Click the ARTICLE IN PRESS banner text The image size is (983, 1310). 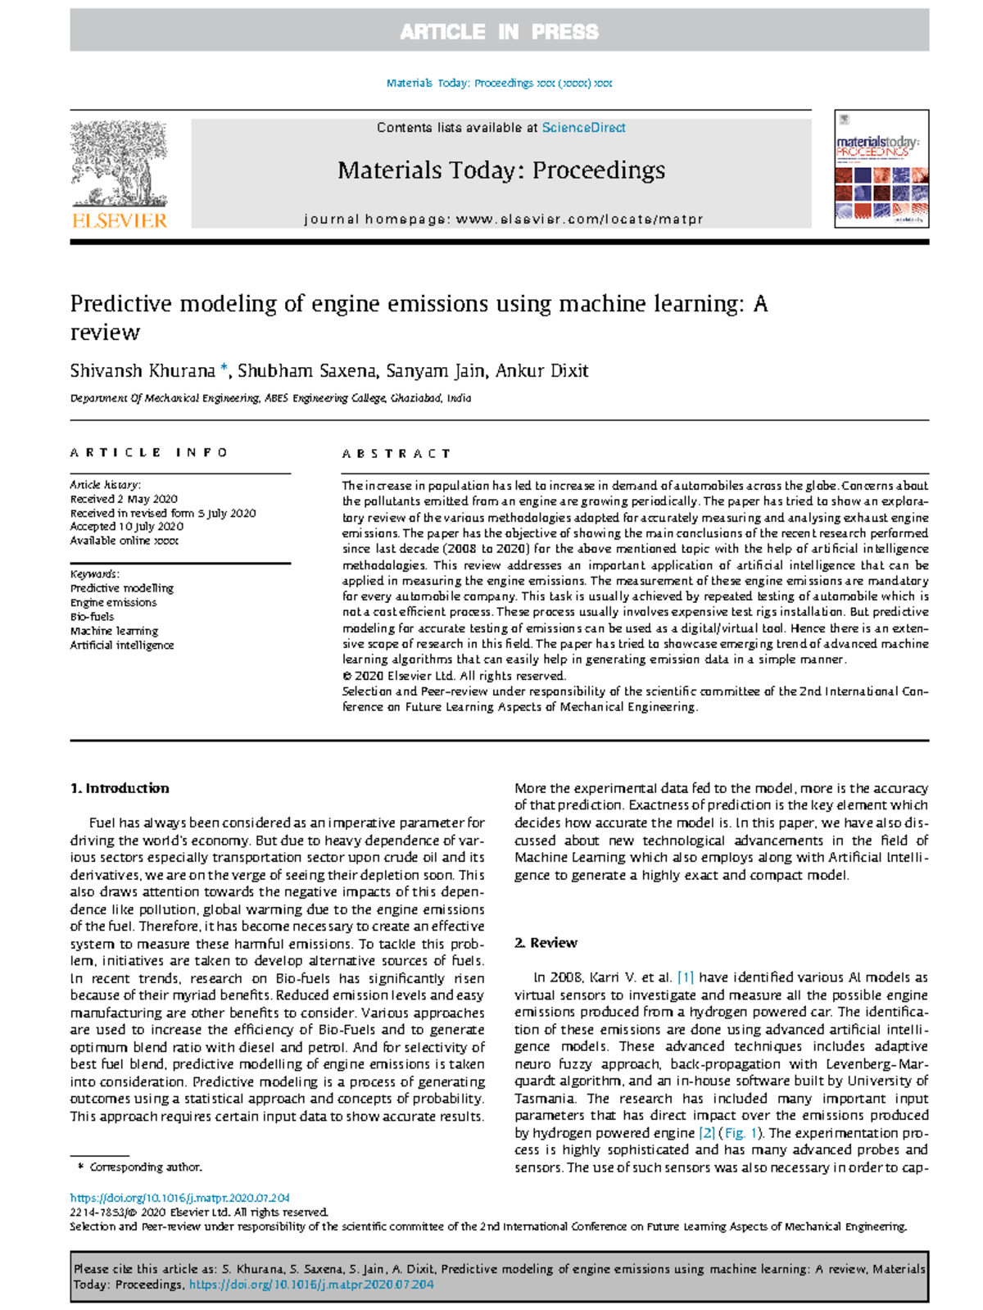click(499, 32)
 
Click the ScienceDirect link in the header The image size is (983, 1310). click(583, 128)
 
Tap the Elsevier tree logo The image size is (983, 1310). click(120, 164)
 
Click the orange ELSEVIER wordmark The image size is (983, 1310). click(120, 220)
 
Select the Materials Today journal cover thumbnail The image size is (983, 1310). click(881, 169)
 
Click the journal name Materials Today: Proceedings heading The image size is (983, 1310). click(501, 170)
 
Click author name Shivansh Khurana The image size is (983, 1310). click(143, 371)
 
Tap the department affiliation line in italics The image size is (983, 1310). click(270, 398)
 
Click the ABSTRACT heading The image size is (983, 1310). click(396, 453)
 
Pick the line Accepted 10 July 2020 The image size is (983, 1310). click(126, 527)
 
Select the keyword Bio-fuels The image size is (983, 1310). click(92, 617)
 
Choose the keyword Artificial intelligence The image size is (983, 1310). click(122, 646)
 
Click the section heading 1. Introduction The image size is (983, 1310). click(120, 788)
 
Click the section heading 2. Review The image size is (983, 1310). click(546, 943)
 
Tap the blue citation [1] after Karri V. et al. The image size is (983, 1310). click(686, 977)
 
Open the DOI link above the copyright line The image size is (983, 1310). click(179, 1198)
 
